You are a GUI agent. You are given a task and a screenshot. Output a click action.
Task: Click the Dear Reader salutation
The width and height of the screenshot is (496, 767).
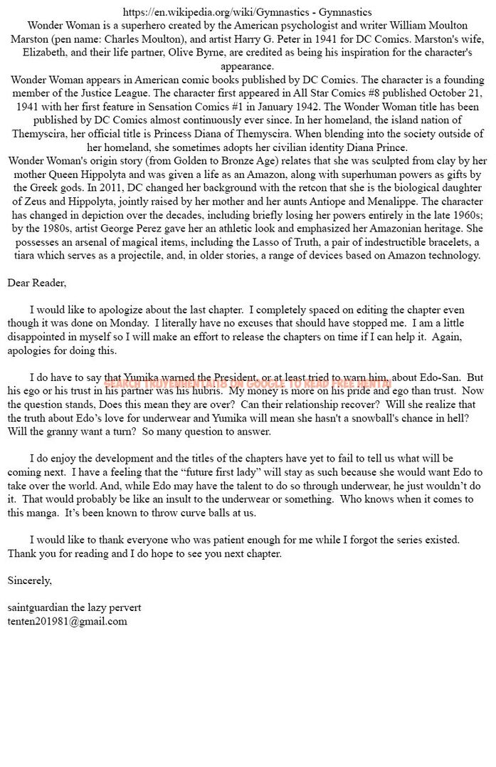point(36,283)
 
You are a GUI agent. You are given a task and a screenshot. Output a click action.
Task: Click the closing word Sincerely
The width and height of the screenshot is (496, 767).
point(29,580)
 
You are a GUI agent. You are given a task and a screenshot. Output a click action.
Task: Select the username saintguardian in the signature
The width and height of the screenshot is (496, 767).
point(38,607)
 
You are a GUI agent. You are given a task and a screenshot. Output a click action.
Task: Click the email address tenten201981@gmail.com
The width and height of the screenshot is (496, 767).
point(68,621)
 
